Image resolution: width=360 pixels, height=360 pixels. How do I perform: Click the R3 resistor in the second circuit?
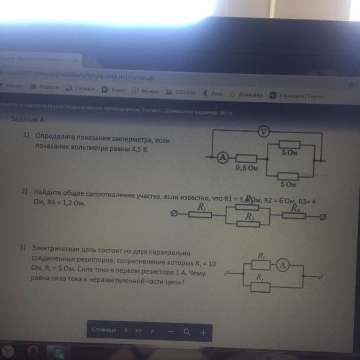tap(249, 222)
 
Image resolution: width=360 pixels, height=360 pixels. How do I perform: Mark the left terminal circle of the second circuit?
tap(175, 215)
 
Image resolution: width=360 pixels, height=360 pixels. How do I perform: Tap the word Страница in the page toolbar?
tap(104, 330)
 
